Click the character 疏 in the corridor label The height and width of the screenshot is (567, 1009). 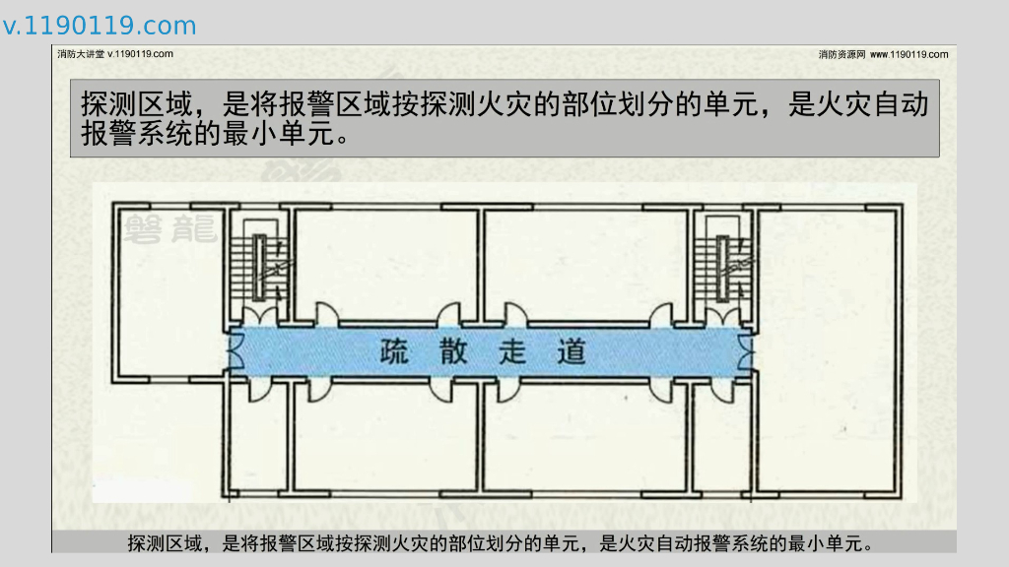pos(395,351)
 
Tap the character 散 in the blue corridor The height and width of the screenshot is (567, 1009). pos(454,351)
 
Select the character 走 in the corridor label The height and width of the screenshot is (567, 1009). pos(512,351)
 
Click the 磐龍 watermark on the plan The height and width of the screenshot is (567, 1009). pos(170,228)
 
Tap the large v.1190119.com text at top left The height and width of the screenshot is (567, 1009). pos(100,26)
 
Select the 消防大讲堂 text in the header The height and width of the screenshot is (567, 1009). pos(81,54)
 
